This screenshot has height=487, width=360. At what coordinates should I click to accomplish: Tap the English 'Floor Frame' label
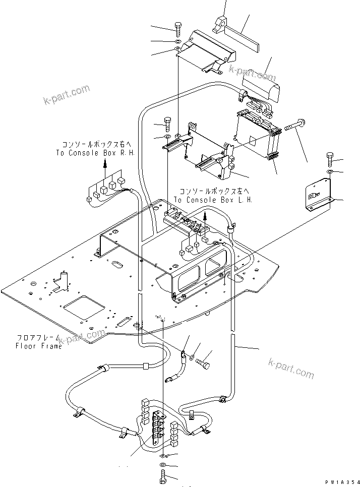click(x=39, y=346)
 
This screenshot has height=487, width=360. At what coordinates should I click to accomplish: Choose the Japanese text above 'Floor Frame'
click(x=39, y=337)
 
